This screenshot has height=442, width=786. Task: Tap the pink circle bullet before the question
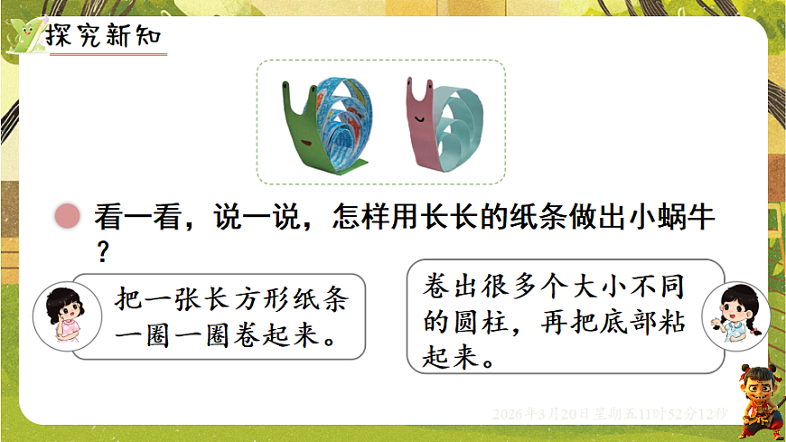66,217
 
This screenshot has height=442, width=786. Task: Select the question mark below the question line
102,250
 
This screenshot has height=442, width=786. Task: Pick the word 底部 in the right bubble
633,321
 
